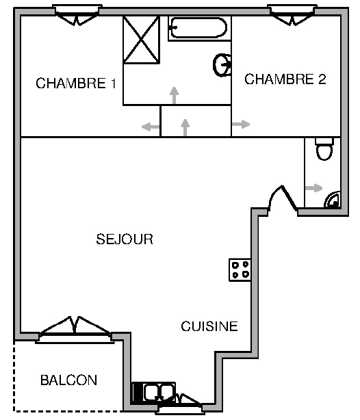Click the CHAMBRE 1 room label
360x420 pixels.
click(76, 83)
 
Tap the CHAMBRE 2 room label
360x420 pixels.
click(285, 79)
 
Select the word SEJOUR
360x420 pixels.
click(125, 239)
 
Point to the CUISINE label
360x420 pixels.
click(209, 326)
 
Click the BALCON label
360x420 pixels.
click(68, 380)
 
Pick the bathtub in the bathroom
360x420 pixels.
click(199, 28)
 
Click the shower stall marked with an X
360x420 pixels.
click(141, 40)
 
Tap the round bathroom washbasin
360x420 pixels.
click(222, 65)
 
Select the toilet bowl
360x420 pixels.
click(324, 149)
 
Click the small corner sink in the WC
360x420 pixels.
click(333, 200)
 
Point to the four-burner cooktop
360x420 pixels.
click(240, 270)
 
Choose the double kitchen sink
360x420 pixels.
click(154, 393)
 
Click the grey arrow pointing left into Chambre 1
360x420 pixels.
click(151, 127)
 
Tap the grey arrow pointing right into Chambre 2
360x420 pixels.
click(241, 124)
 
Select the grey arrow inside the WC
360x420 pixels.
click(313, 187)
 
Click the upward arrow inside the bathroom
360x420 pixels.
click(175, 95)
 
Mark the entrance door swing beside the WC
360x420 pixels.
click(282, 198)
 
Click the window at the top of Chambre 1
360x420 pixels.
click(77, 15)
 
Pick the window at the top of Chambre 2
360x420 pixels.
click(292, 15)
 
